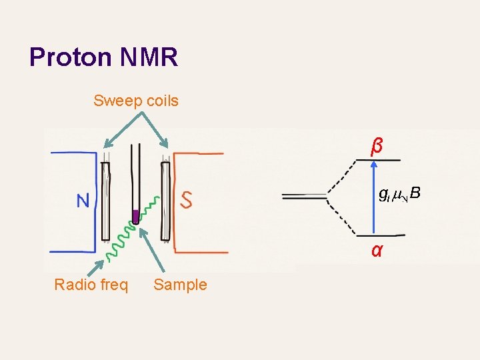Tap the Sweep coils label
pyautogui.click(x=136, y=101)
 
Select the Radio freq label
pyautogui.click(x=91, y=285)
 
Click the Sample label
pyautogui.click(x=180, y=285)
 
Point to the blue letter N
pyautogui.click(x=83, y=201)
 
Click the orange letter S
pyautogui.click(x=187, y=199)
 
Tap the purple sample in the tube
pyautogui.click(x=135, y=216)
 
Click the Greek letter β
pyautogui.click(x=377, y=145)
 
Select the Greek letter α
pyautogui.click(x=377, y=251)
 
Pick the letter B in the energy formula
pyautogui.click(x=415, y=194)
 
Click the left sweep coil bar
pyautogui.click(x=105, y=200)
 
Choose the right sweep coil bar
pyautogui.click(x=165, y=200)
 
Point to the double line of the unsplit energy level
pyautogui.click(x=303, y=196)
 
